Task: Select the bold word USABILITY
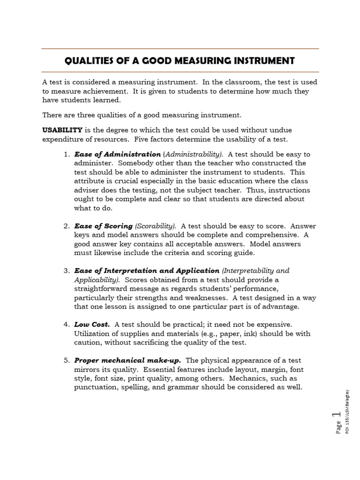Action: pos(62,130)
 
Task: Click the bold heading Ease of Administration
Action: pos(117,154)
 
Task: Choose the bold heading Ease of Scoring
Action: pos(103,226)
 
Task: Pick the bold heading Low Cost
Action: pos(92,324)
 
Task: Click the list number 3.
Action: pos(66,271)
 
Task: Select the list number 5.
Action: pos(66,360)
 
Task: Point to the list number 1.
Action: pos(66,154)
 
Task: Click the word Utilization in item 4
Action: pos(92,334)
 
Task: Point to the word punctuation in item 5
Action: pos(95,387)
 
